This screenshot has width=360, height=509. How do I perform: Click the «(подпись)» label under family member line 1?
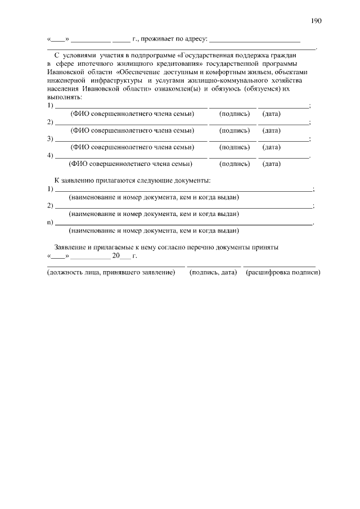tap(235, 114)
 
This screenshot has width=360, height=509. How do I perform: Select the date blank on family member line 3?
tap(283, 139)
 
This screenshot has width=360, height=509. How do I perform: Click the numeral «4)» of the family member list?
tap(50, 156)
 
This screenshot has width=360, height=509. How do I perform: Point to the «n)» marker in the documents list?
tap(50, 222)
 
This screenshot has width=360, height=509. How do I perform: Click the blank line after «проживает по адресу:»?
tap(254, 40)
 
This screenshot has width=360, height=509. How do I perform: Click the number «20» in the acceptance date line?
tap(116, 255)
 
